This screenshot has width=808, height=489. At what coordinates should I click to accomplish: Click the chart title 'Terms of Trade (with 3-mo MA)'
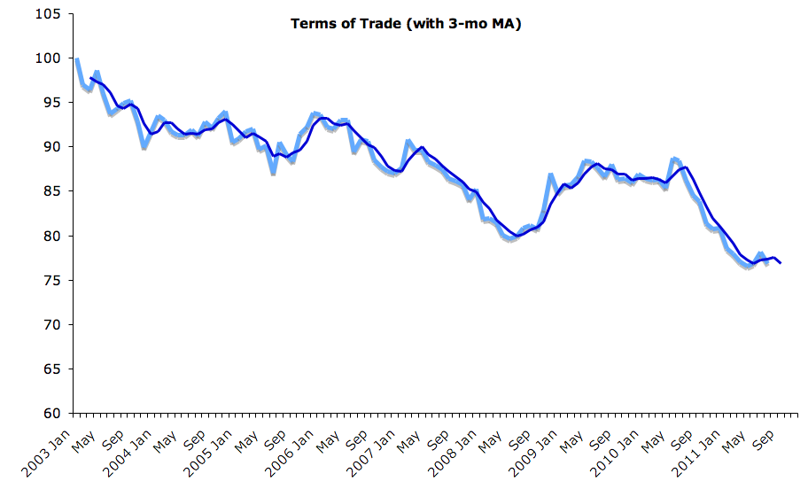click(406, 24)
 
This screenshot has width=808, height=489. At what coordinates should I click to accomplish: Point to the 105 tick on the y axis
click(48, 14)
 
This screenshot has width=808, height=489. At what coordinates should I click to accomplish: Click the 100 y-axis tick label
click(48, 58)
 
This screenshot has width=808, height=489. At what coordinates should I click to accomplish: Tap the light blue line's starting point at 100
click(77, 59)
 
